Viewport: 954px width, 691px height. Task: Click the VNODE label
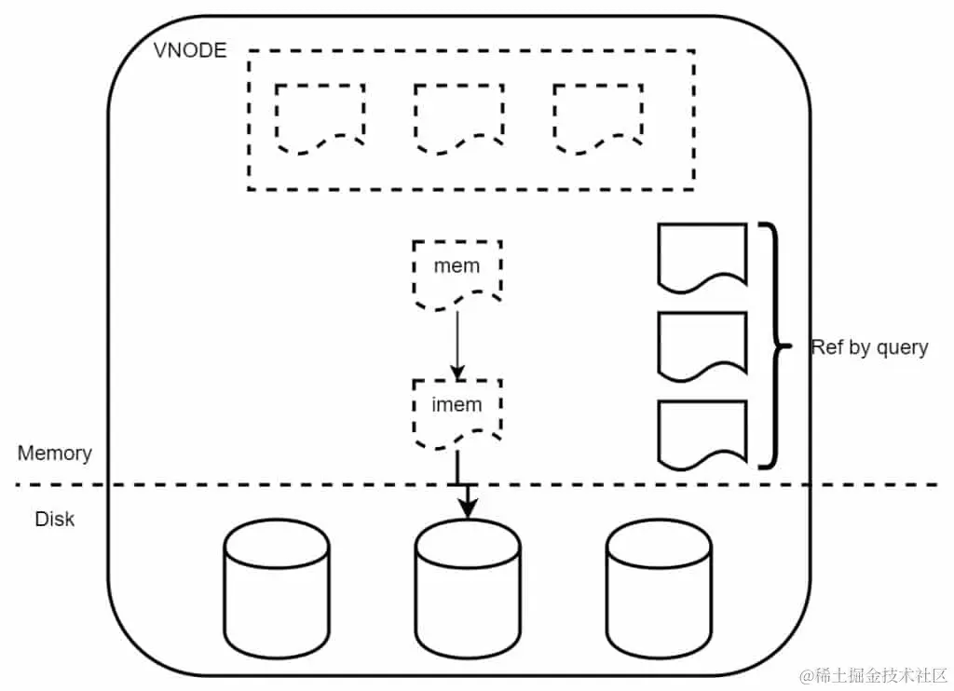[189, 50]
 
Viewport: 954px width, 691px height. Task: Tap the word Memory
[55, 454]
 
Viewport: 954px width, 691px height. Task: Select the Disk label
[54, 519]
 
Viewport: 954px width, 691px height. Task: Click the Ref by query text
[869, 347]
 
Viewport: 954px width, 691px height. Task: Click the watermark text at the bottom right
[868, 673]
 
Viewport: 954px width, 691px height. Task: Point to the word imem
[457, 405]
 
